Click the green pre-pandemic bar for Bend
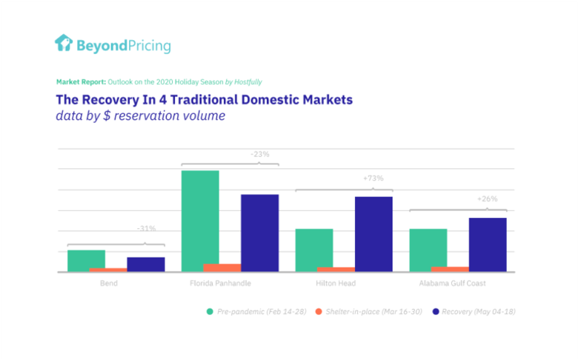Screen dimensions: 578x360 pyautogui.click(x=86, y=261)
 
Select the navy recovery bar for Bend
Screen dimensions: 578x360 pyautogui.click(x=146, y=264)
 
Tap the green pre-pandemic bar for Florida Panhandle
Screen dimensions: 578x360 pyautogui.click(x=200, y=221)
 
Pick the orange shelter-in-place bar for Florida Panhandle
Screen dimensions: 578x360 pyautogui.click(x=222, y=268)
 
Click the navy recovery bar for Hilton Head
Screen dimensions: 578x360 pyautogui.click(x=373, y=234)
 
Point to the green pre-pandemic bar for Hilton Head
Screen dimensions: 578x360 pyautogui.click(x=314, y=250)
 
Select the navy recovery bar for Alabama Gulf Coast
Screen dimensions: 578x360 pyautogui.click(x=488, y=244)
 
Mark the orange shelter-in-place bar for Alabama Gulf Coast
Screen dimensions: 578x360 pyautogui.click(x=450, y=270)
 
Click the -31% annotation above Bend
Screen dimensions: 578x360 pyautogui.click(x=146, y=228)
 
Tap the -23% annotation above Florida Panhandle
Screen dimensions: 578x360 pyautogui.click(x=260, y=154)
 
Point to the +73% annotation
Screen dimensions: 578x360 pyautogui.click(x=373, y=179)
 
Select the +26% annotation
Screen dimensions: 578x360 pyautogui.click(x=488, y=199)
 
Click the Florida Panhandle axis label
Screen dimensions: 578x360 pyautogui.click(x=220, y=284)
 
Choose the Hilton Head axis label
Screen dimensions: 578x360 pyautogui.click(x=336, y=284)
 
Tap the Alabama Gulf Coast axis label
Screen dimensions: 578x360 pyautogui.click(x=452, y=284)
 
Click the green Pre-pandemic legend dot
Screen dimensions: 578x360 pyautogui.click(x=210, y=312)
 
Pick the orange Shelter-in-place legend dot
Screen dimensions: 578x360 pyautogui.click(x=319, y=312)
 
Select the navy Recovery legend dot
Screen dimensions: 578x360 pyautogui.click(x=436, y=312)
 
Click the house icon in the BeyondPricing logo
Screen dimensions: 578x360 pyautogui.click(x=64, y=43)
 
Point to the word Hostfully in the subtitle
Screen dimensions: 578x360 pyautogui.click(x=248, y=82)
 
